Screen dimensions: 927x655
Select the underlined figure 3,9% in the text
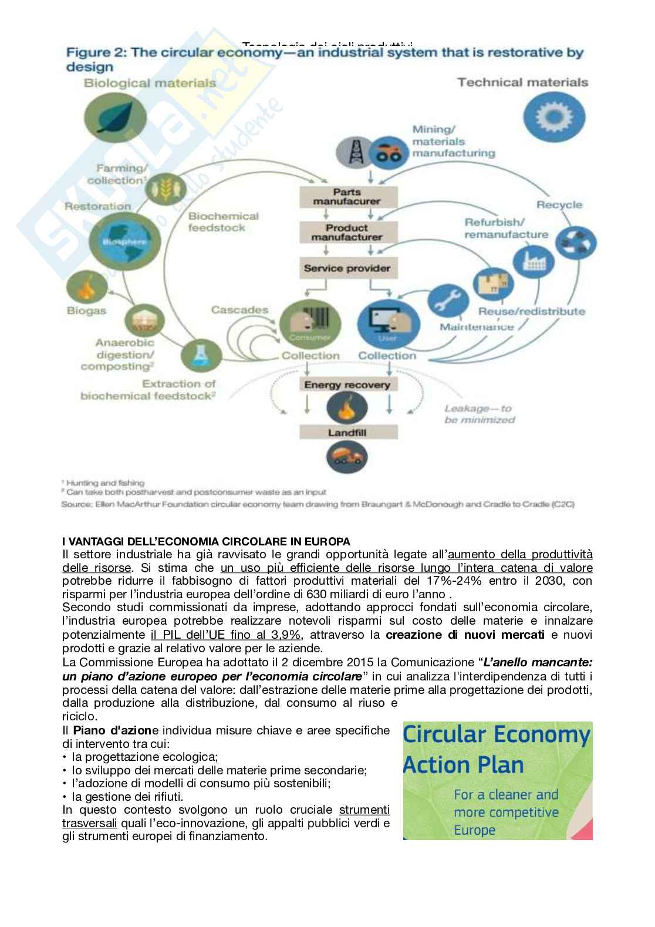click(286, 635)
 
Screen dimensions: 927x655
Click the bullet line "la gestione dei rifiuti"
click(127, 797)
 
